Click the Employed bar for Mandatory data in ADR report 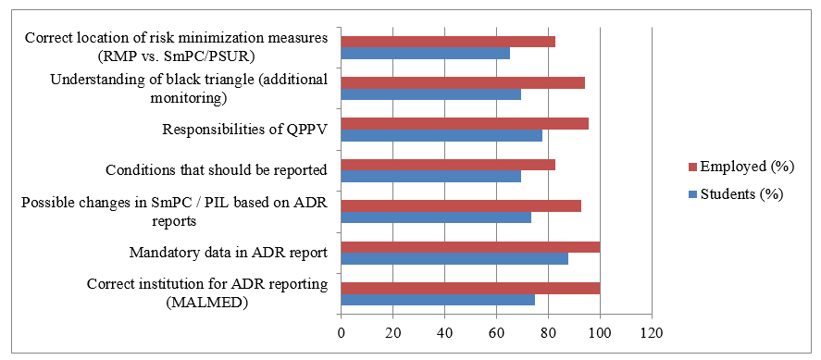pyautogui.click(x=470, y=247)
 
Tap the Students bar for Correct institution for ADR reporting pyautogui.click(x=438, y=299)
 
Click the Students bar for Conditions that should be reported pyautogui.click(x=431, y=177)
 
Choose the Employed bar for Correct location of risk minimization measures pyautogui.click(x=448, y=42)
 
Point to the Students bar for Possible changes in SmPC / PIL pyautogui.click(x=436, y=217)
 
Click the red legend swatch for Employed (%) pyautogui.click(x=694, y=167)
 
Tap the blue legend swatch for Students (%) pyautogui.click(x=694, y=194)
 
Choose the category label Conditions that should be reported pyautogui.click(x=217, y=170)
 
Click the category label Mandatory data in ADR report pyautogui.click(x=230, y=254)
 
